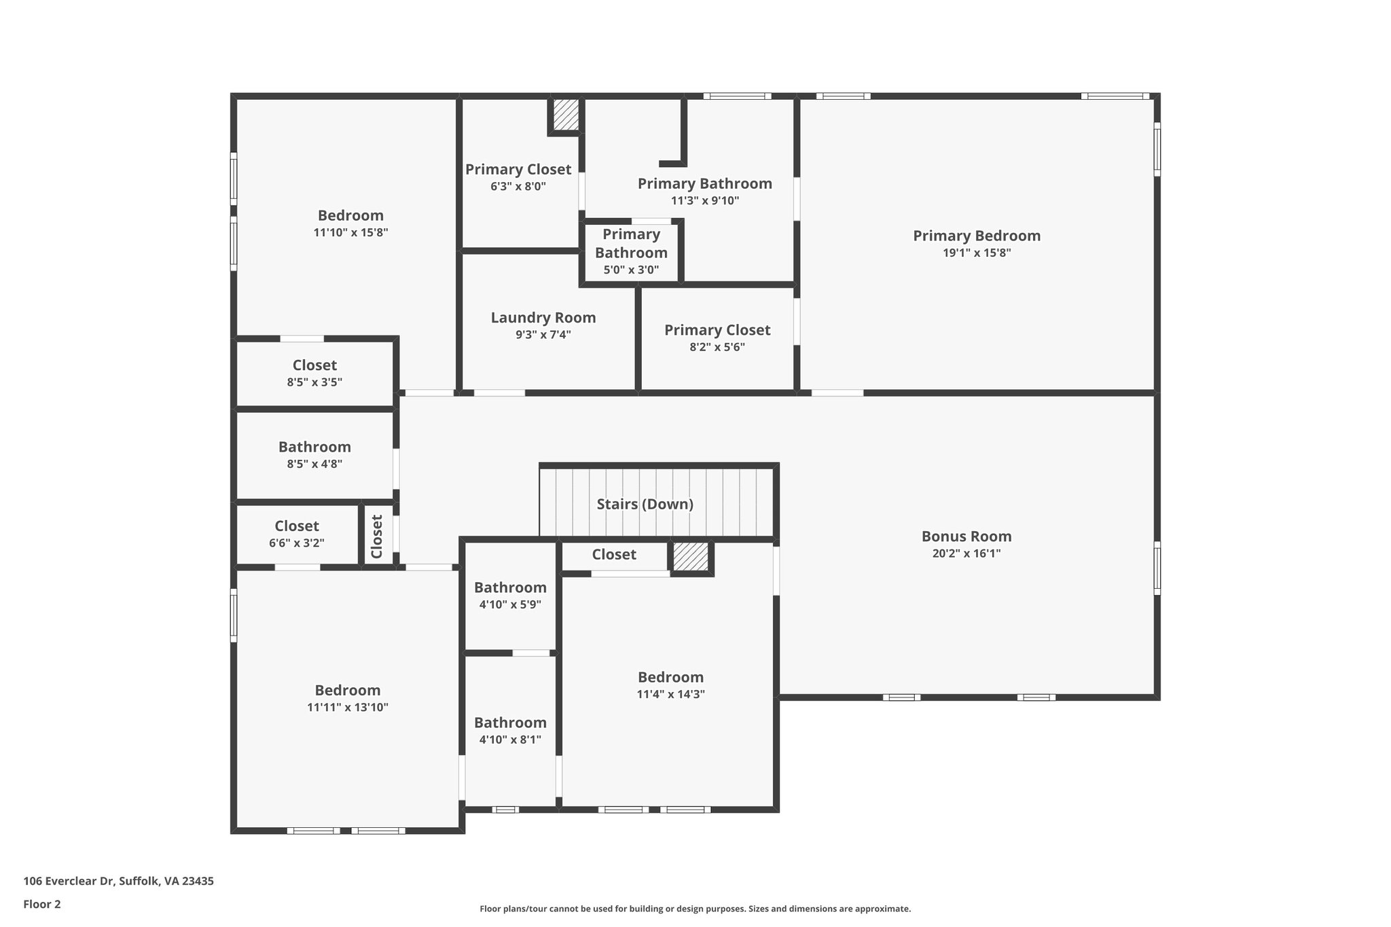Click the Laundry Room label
pos(543,318)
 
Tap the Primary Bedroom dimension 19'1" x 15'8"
pos(977,253)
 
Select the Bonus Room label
pos(966,537)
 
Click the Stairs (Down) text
pos(645,504)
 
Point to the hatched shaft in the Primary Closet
pos(565,115)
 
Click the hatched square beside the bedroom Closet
pos(691,557)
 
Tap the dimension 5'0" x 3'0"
pos(631,270)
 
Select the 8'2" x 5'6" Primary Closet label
pos(717,330)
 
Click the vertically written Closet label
pos(377,536)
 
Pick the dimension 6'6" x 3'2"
pos(297,543)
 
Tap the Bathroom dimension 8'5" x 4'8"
pos(314,465)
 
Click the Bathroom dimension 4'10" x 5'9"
pos(510,604)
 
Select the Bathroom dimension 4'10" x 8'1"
pos(510,740)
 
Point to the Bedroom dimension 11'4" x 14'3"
pos(670,694)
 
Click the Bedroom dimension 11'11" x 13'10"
pos(347,707)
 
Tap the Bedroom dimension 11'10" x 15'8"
pos(350,232)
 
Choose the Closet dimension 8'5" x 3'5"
pos(314,382)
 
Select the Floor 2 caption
pos(42,904)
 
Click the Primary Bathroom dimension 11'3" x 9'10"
pos(704,201)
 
